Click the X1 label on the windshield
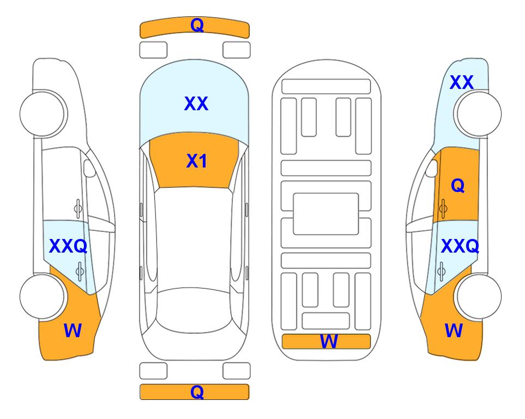point(197,161)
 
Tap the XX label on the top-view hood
point(196,103)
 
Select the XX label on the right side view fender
point(462,82)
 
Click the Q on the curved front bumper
point(197,25)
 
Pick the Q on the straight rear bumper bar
point(197,392)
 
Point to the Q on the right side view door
point(458,185)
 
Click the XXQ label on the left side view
point(68,246)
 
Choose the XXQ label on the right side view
point(460,246)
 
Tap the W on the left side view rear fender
point(73,331)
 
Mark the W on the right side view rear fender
point(454,331)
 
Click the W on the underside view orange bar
point(329,342)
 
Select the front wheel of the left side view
point(43,114)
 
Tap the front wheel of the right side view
point(478,114)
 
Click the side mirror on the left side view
point(89,168)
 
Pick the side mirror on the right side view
point(432,168)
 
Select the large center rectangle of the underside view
point(326,214)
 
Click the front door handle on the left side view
point(78,209)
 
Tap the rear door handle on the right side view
point(442,271)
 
